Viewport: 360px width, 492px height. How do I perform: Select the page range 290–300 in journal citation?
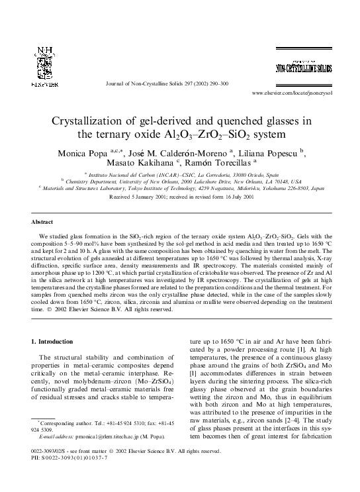tap(215, 83)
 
